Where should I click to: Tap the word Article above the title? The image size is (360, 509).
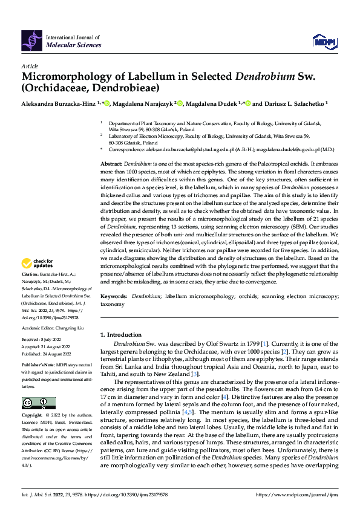pos(29,65)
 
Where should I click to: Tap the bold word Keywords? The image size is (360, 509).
pos(114,296)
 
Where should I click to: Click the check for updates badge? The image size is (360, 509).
pos(38,263)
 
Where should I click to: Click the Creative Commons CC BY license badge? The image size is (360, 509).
pos(38,403)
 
